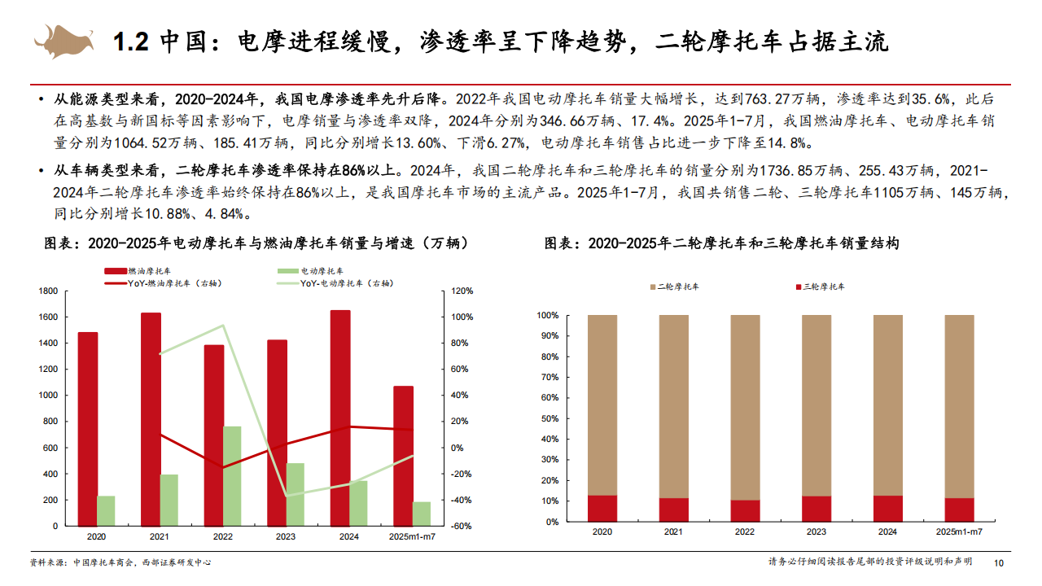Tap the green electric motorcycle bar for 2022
(233, 475)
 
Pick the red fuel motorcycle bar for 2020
(88, 429)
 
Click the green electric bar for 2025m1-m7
(422, 514)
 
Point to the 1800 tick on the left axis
(48, 291)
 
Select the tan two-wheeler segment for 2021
(673, 406)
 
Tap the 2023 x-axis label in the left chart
(286, 537)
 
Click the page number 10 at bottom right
(999, 562)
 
